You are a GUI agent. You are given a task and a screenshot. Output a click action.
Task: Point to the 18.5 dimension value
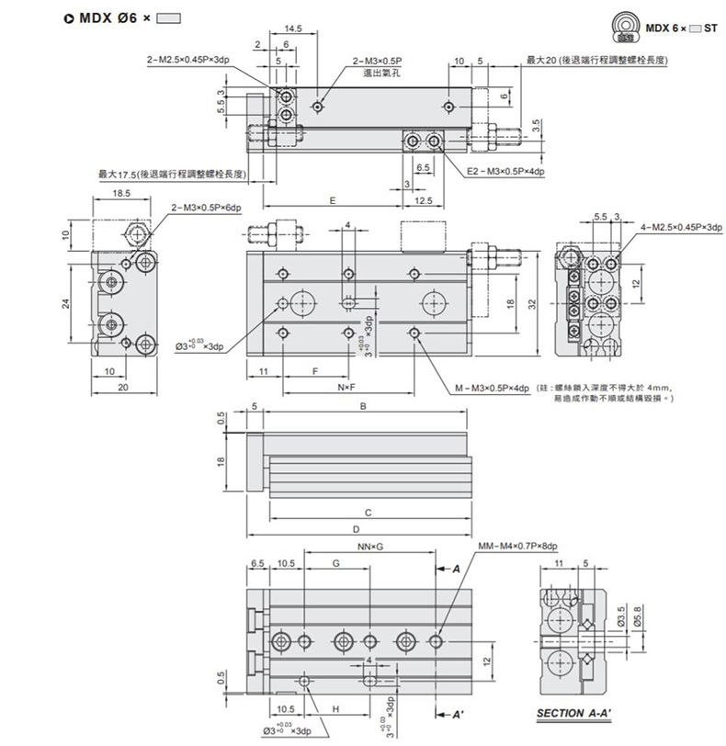(119, 194)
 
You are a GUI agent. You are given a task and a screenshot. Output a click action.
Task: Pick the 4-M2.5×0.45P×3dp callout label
(681, 226)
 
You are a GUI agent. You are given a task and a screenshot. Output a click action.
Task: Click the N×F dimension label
(346, 389)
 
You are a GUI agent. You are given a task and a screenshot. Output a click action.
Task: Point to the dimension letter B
(364, 406)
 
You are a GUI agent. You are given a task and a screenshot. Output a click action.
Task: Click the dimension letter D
(356, 530)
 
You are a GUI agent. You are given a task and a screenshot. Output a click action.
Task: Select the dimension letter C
(368, 512)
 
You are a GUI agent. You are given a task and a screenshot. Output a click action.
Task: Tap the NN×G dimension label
(369, 548)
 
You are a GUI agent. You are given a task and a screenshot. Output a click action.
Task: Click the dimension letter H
(335, 709)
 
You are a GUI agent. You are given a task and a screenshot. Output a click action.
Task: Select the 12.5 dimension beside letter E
(424, 201)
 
